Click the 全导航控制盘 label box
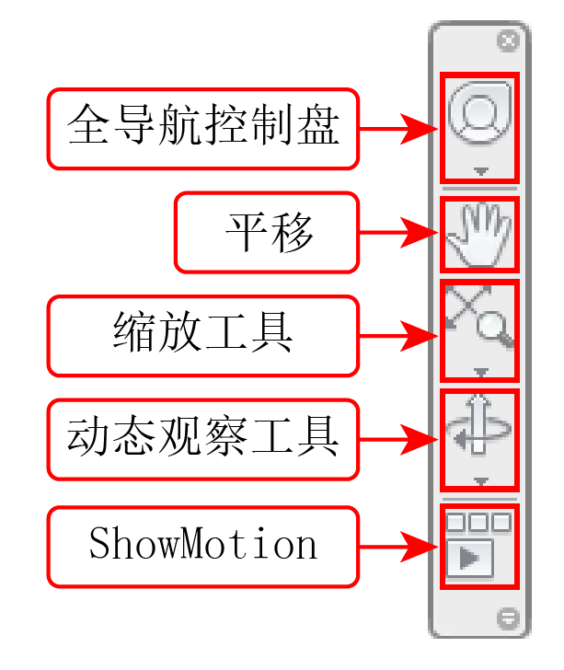(203, 129)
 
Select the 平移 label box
(267, 233)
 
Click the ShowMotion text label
(203, 543)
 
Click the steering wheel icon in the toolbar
(480, 113)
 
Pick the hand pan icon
(479, 234)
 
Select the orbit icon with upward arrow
(478, 425)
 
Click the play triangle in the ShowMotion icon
(468, 558)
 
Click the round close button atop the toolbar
(508, 41)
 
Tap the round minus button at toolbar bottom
(508, 618)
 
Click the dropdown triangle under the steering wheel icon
(481, 171)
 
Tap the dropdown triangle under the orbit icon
(481, 481)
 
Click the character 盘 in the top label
(318, 124)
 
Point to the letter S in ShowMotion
(99, 542)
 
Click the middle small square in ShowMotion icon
(478, 522)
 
